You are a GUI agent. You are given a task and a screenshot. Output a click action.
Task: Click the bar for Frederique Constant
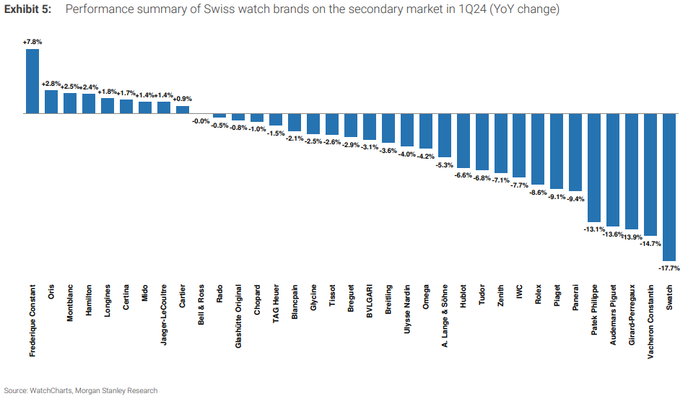click(32, 81)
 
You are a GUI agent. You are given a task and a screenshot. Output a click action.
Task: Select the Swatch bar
click(669, 187)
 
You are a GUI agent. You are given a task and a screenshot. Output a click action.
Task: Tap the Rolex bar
click(538, 149)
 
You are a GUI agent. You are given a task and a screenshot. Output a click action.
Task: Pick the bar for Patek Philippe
click(594, 167)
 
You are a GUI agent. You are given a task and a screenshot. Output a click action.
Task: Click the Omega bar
click(426, 131)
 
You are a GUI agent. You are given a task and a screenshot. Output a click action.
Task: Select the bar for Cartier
click(183, 110)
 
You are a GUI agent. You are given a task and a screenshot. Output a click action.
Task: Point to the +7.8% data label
click(32, 43)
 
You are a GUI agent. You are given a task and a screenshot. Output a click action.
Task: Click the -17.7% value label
click(669, 268)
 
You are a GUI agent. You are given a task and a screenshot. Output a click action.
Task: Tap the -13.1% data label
click(593, 229)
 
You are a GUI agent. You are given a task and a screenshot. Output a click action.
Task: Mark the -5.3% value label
click(444, 165)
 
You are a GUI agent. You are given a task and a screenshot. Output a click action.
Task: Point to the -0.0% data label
click(201, 121)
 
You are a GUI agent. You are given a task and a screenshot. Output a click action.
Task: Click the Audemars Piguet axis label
click(614, 315)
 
